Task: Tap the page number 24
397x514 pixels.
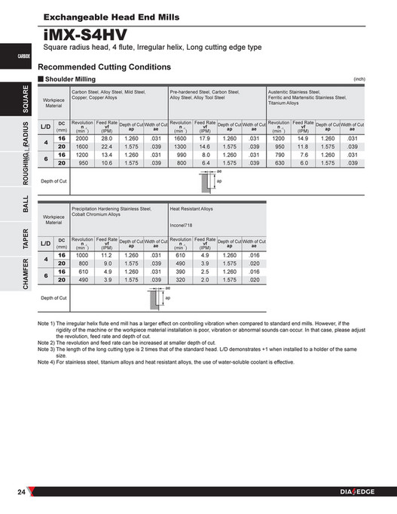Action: coord(23,493)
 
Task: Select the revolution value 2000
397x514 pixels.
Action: coord(82,139)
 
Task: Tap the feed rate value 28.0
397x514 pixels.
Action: coord(106,139)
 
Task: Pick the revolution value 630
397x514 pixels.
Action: coord(279,162)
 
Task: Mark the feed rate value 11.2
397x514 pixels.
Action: coord(106,256)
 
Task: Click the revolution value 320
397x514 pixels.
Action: coord(181,279)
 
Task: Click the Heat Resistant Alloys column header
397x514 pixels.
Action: coord(192,208)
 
